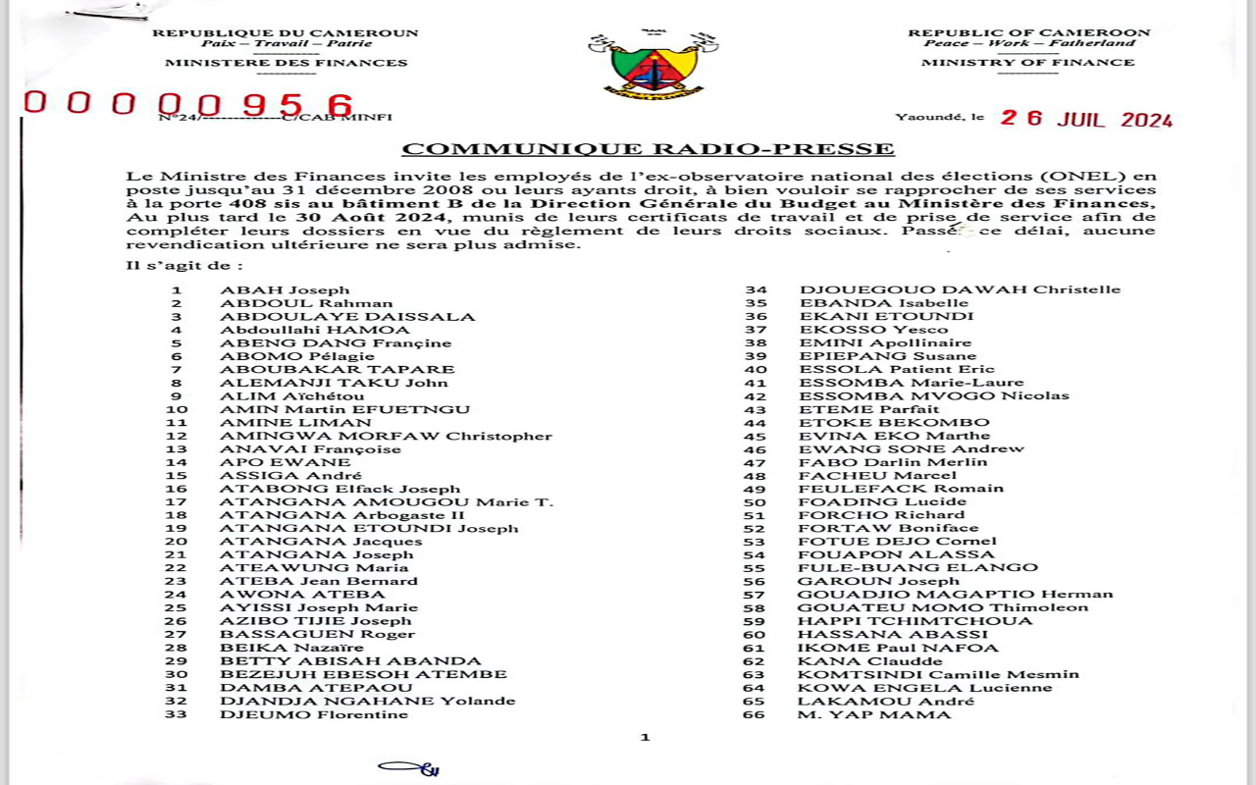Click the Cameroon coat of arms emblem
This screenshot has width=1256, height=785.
654,64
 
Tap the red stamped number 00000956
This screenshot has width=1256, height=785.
189,104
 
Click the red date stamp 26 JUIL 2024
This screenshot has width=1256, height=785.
1086,120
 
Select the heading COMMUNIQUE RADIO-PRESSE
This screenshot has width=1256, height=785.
648,149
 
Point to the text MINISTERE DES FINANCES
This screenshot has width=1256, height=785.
286,63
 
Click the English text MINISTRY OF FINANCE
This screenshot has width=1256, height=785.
1027,63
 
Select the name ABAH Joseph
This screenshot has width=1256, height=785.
285,290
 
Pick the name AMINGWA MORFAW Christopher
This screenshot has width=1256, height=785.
386,436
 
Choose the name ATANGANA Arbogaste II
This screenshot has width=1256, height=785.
342,515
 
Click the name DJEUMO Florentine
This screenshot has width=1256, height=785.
313,714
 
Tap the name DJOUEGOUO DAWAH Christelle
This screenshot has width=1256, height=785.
960,289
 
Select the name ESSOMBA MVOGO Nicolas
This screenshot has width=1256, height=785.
934,395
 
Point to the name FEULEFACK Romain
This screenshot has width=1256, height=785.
901,489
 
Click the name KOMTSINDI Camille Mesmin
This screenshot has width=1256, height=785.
938,674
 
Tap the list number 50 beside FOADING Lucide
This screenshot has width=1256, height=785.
755,501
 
